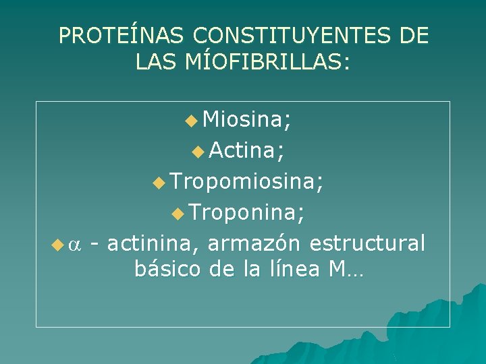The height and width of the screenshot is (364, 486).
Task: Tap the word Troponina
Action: tap(246, 212)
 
